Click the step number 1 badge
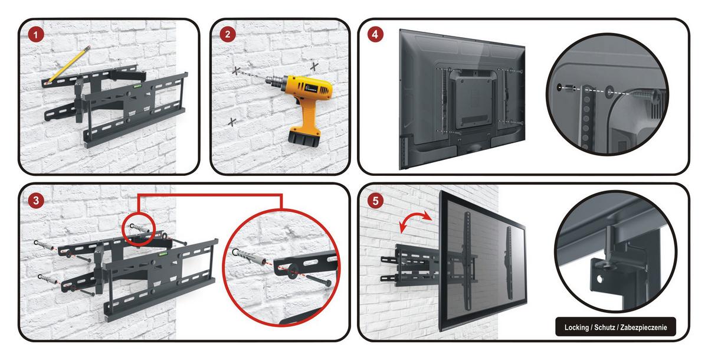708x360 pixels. pos(36,35)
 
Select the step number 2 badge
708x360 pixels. pos(228,34)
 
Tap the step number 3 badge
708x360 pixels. pos(36,201)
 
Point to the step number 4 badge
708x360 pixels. pos(375,34)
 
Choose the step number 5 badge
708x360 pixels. pos(375,201)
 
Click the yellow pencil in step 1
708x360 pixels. pos(68,65)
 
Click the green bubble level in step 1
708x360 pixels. pos(137,86)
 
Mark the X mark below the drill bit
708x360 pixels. pos(232,122)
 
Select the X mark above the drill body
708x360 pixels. pos(314,67)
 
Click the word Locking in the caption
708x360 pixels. pos(576,328)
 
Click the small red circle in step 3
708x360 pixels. pos(139,230)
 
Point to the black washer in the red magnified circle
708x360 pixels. pos(293,271)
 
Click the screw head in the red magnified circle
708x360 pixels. pos(329,283)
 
